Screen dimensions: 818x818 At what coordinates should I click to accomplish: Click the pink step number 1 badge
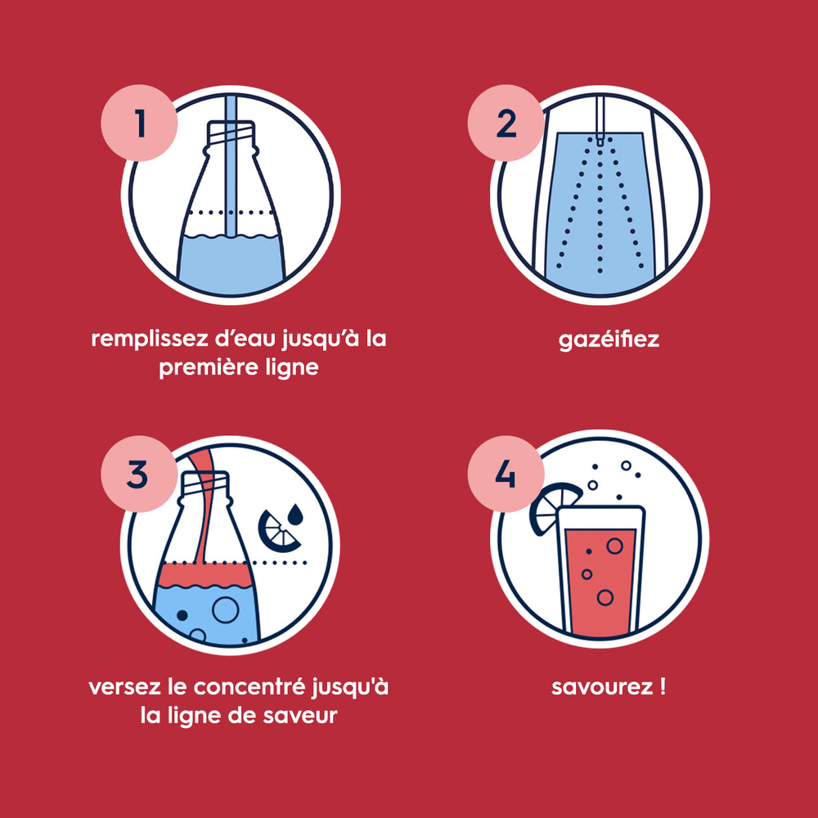pyautogui.click(x=139, y=124)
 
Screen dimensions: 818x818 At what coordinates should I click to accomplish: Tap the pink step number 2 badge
pyautogui.click(x=506, y=124)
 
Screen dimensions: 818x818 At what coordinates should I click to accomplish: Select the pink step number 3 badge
pyautogui.click(x=139, y=474)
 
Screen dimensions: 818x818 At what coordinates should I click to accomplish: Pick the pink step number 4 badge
pyautogui.click(x=506, y=474)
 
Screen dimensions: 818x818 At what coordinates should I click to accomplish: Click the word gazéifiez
pyautogui.click(x=609, y=339)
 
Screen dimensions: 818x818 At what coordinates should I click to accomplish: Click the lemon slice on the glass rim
pyautogui.click(x=553, y=507)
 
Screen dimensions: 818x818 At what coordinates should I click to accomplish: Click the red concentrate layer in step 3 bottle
pyautogui.click(x=204, y=574)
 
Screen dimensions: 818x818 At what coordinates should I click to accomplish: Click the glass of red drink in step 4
pyautogui.click(x=601, y=573)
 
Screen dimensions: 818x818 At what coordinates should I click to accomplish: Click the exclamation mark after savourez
pyautogui.click(x=660, y=685)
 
